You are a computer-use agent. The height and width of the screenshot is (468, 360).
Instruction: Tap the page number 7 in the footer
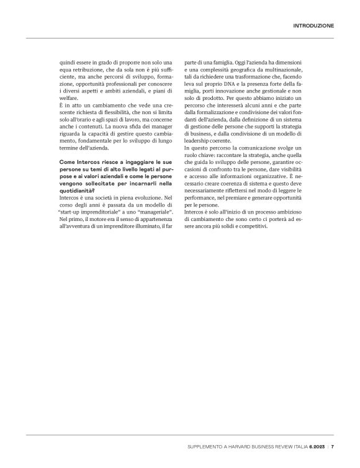[333, 446]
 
